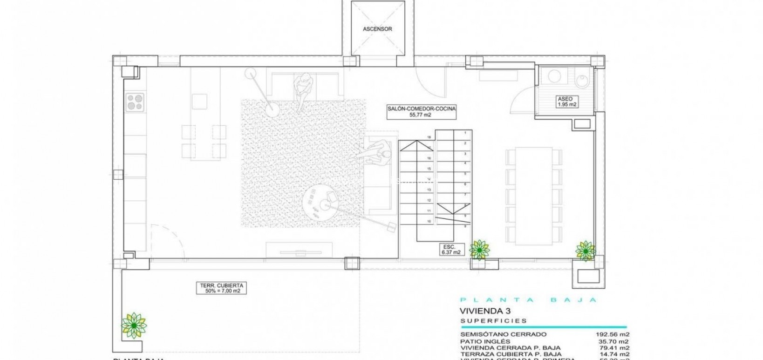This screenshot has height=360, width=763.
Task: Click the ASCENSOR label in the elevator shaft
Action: pos(377,29)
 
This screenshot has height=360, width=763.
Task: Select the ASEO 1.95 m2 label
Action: pos(567,102)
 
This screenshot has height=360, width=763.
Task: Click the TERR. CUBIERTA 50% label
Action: pos(220,288)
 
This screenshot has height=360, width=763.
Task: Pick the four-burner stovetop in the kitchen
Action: pos(135,102)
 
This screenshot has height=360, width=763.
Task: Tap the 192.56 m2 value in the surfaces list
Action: pos(613,334)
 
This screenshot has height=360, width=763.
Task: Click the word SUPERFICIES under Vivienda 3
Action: pos(494,321)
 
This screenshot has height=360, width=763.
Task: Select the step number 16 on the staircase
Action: pos(429,137)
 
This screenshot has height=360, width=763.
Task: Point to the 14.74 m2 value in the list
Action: pos(614,354)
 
